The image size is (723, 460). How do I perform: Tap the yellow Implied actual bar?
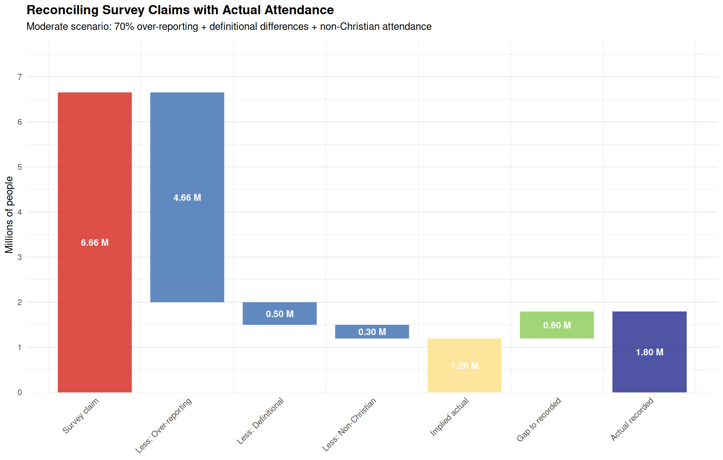click(464, 380)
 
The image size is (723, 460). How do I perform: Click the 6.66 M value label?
click(94, 243)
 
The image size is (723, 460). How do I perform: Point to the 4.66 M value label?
click(187, 197)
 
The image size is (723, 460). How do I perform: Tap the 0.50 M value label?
click(279, 314)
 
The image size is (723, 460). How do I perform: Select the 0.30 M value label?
click(372, 332)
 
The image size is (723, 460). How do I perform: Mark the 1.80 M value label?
click(649, 352)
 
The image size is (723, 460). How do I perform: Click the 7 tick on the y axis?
click(20, 77)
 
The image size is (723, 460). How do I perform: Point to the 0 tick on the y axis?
click(20, 393)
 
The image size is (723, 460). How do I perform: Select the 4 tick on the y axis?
click(20, 212)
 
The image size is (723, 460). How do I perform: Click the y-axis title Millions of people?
click(9, 215)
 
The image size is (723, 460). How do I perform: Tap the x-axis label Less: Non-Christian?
click(349, 424)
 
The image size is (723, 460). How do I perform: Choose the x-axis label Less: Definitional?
click(260, 421)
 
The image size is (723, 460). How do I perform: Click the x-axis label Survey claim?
click(80, 416)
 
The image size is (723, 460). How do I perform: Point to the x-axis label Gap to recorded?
click(539, 419)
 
